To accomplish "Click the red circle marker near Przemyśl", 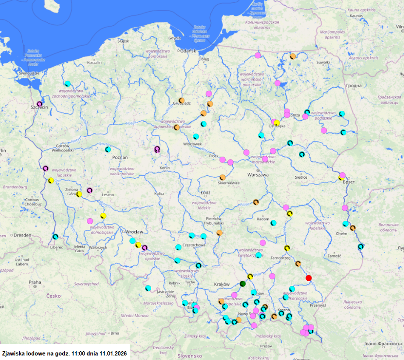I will [x=308, y=278].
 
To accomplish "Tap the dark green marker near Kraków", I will [x=242, y=283].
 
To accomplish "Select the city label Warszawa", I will [x=257, y=174].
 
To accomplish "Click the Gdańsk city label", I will [x=188, y=51].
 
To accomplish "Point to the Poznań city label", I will [x=120, y=158].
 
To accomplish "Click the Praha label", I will [x=35, y=282].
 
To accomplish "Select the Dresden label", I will [x=22, y=235].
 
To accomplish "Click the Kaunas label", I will [x=357, y=16].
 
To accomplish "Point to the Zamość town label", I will [x=333, y=256].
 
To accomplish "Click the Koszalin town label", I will [x=94, y=63].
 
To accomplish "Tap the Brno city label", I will [x=115, y=333].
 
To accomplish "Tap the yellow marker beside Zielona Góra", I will [x=79, y=194].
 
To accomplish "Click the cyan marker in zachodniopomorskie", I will [x=67, y=84].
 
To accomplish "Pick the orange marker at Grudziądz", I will [x=181, y=100].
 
